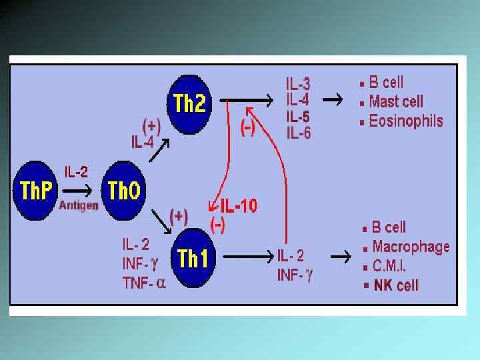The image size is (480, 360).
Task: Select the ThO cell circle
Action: (123, 192)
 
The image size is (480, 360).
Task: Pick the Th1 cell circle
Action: (194, 258)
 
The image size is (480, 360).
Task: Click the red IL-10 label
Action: (238, 207)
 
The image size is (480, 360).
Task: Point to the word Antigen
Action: (79, 205)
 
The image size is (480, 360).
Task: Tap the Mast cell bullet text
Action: (395, 102)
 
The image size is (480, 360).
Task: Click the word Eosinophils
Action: (405, 121)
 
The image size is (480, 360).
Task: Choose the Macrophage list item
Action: (411, 247)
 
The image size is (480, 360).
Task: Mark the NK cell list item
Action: (396, 285)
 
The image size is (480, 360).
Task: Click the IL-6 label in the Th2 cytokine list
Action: (298, 133)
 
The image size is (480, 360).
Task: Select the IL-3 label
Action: (298, 85)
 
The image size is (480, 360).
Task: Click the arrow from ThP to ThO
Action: (81, 191)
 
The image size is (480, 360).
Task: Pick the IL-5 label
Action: (298, 117)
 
